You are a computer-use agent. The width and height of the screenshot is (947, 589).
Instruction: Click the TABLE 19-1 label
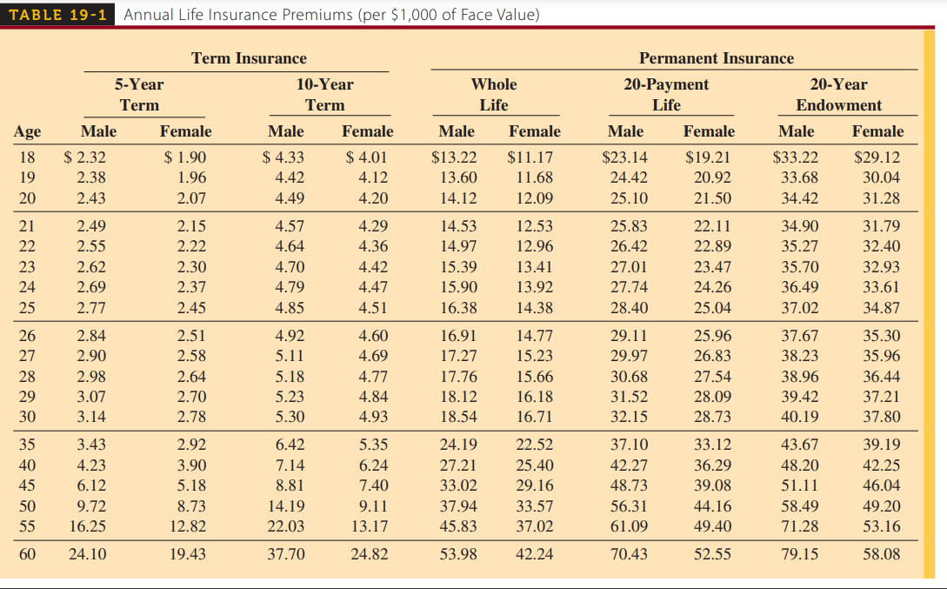click(59, 15)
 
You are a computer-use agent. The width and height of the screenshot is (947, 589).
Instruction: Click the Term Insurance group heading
click(249, 58)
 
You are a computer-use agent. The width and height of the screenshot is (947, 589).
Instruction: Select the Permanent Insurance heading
click(716, 58)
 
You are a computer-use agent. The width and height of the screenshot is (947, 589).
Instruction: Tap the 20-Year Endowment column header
click(838, 95)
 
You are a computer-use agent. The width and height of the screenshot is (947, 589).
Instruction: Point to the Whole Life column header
click(493, 95)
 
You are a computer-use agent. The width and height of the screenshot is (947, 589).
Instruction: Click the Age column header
click(27, 131)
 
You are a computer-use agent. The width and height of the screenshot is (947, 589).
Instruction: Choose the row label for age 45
click(27, 485)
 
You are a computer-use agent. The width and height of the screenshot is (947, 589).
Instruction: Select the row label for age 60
click(27, 553)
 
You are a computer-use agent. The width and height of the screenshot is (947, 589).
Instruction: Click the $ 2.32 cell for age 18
click(86, 158)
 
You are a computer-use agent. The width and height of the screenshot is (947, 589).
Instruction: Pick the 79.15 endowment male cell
click(799, 553)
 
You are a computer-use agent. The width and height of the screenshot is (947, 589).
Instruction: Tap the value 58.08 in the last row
click(881, 553)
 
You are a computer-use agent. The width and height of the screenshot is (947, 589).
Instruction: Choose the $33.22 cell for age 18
click(796, 158)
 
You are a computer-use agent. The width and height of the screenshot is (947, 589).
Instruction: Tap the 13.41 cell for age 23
click(534, 267)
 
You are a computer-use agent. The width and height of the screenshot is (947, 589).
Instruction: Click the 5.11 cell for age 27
click(290, 355)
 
